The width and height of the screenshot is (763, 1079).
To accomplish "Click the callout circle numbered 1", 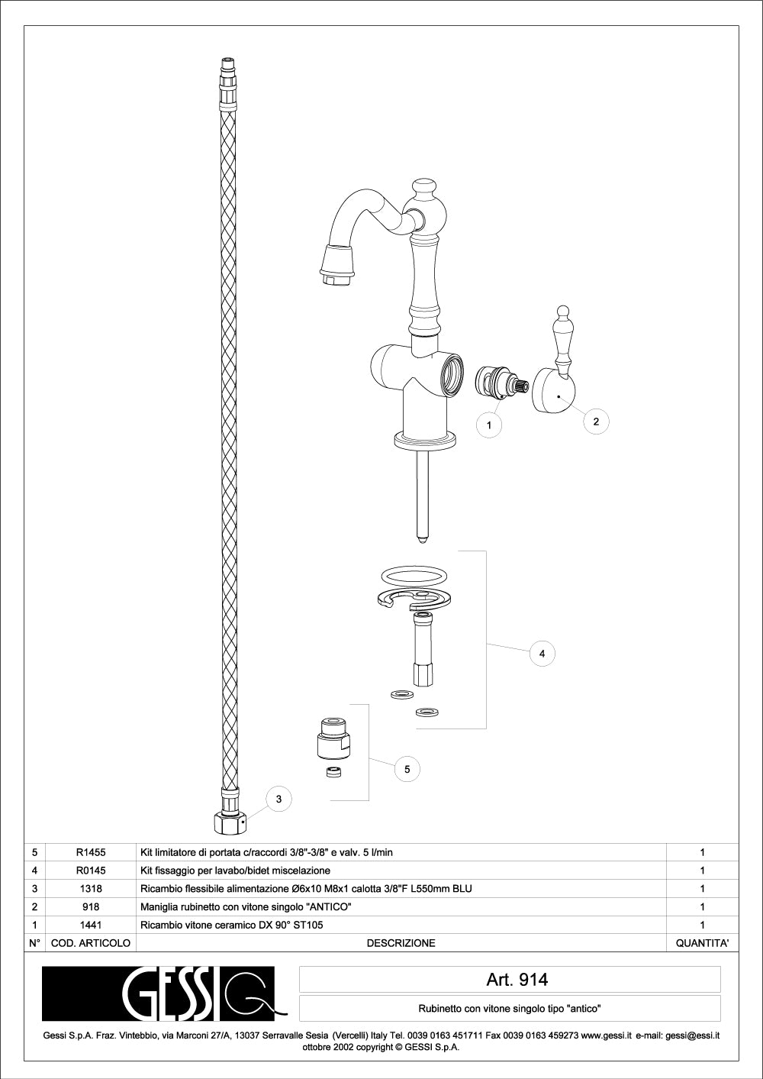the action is pos(489,425).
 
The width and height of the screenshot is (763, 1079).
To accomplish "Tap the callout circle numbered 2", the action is pos(596,422).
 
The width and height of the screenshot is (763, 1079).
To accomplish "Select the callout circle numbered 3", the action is pos(278,800).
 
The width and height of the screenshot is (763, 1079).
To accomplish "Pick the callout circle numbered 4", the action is pos(542,654).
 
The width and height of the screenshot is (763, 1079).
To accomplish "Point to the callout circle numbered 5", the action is pos(407,769).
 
